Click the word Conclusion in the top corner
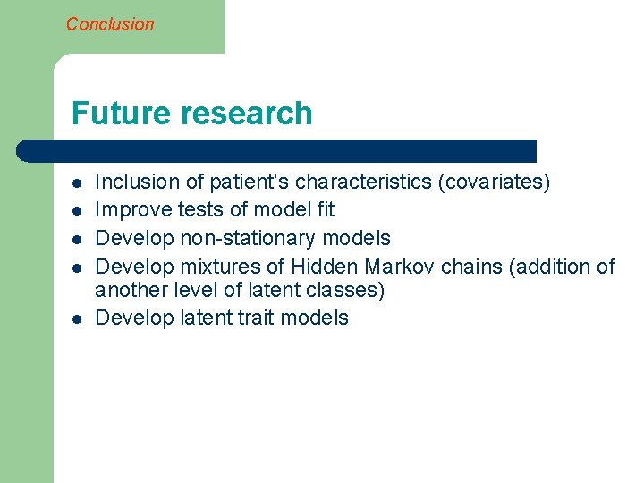point(110,24)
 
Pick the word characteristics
point(363,182)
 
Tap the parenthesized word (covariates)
point(494,182)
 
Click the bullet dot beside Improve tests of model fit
point(78,211)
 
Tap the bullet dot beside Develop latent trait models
point(78,318)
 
